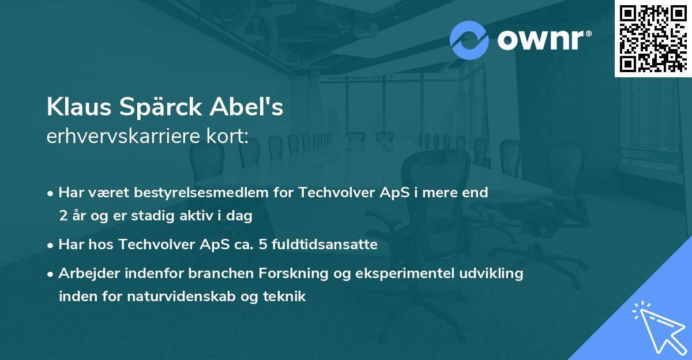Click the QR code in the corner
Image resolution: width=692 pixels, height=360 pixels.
653,38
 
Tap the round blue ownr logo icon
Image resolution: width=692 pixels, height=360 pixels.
469,40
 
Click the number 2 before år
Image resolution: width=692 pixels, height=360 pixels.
63,216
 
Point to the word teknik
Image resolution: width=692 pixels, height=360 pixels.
285,297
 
